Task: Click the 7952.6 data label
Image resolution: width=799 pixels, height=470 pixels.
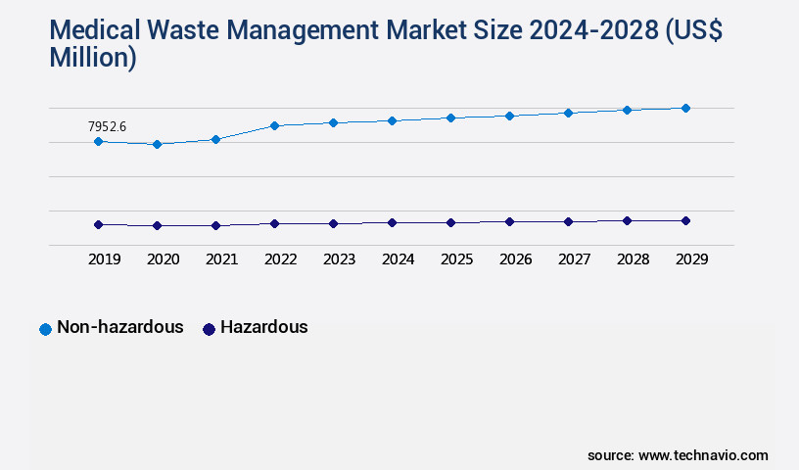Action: (x=108, y=126)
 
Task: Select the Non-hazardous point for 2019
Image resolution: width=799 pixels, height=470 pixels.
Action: (x=98, y=141)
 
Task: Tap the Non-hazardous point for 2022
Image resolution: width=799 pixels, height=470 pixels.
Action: (x=274, y=125)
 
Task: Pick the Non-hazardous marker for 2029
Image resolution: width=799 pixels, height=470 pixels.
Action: (x=685, y=108)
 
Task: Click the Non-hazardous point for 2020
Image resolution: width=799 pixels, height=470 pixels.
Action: (x=157, y=144)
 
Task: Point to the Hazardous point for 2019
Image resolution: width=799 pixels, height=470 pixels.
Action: (x=98, y=224)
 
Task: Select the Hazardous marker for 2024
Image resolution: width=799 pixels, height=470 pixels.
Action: (x=392, y=222)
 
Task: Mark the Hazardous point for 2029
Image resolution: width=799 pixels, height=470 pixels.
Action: (x=685, y=220)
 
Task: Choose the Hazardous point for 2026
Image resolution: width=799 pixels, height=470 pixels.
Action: (x=509, y=221)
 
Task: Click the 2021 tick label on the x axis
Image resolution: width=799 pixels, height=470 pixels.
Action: (x=221, y=259)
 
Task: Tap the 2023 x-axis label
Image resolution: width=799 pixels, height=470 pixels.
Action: (x=339, y=259)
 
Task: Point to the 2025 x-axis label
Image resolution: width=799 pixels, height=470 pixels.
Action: (x=456, y=259)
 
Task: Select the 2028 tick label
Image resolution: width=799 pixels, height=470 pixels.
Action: (x=633, y=259)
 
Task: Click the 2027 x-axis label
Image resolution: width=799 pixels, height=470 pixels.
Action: (x=574, y=259)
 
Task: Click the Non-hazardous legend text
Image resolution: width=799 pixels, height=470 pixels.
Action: (x=120, y=327)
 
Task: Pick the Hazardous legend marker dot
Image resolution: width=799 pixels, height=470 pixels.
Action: (x=208, y=329)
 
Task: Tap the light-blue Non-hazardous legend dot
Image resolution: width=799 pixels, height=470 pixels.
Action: (x=45, y=329)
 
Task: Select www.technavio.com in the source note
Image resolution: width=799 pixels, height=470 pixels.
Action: (x=703, y=455)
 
